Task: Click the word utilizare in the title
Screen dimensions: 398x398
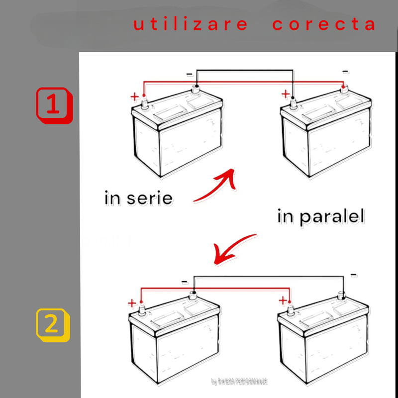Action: click(191, 24)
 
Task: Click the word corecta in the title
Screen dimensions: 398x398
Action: click(324, 24)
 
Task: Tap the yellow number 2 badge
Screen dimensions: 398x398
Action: click(53, 325)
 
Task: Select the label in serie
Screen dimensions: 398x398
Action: click(139, 199)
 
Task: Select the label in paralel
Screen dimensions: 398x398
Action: click(321, 217)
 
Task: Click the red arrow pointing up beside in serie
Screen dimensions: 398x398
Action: click(216, 187)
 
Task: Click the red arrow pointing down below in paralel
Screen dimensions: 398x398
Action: click(234, 249)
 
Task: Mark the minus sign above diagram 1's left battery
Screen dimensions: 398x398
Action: click(189, 75)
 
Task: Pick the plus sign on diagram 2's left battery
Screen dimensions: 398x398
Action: click(132, 303)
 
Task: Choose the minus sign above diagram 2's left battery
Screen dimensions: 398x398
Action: click(185, 282)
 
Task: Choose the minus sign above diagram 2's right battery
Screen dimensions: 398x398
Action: click(354, 275)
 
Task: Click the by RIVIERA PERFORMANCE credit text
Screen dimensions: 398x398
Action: click(239, 382)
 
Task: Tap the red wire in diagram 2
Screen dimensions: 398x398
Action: click(214, 288)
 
